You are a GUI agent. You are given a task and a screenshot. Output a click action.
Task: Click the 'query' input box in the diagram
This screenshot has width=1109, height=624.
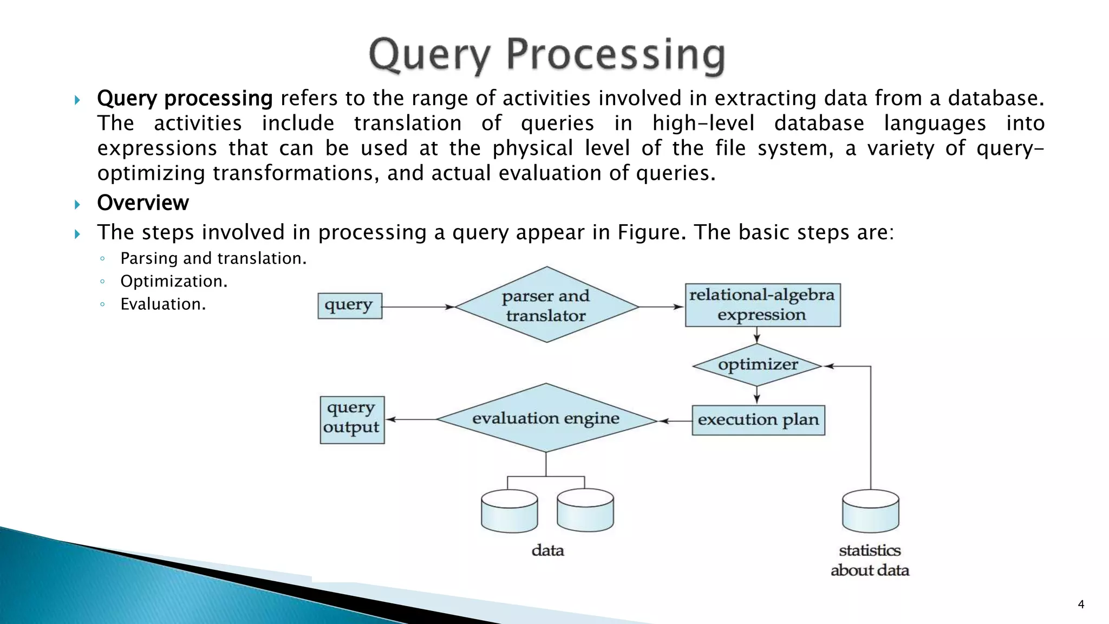349,305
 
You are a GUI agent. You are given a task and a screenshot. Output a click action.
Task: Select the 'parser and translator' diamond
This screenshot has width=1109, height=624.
546,305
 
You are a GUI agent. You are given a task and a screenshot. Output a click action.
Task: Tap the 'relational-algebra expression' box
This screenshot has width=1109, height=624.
762,305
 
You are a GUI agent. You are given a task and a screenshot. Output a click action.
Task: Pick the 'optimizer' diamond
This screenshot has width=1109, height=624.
757,365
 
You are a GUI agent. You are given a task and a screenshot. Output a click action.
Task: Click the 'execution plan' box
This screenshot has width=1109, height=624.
758,420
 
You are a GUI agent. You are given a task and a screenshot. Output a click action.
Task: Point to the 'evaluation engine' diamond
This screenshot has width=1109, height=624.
546,418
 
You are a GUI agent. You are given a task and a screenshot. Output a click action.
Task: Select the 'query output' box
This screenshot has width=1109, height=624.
352,420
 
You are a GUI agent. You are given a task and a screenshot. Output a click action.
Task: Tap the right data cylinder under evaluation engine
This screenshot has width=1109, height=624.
585,511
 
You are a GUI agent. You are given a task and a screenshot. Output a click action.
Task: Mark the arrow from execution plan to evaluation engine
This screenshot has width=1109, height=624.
675,421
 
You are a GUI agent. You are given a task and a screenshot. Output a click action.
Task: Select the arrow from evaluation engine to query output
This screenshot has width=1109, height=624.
412,419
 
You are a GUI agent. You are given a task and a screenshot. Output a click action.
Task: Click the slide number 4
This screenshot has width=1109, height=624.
1081,604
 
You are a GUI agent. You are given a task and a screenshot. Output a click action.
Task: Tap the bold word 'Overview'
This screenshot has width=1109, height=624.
143,203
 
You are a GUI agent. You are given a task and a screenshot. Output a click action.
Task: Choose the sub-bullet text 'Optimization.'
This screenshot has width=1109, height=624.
174,282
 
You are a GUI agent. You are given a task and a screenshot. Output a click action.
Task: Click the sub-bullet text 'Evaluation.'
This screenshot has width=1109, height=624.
163,304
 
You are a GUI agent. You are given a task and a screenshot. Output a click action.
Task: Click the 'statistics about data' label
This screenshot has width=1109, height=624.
870,560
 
